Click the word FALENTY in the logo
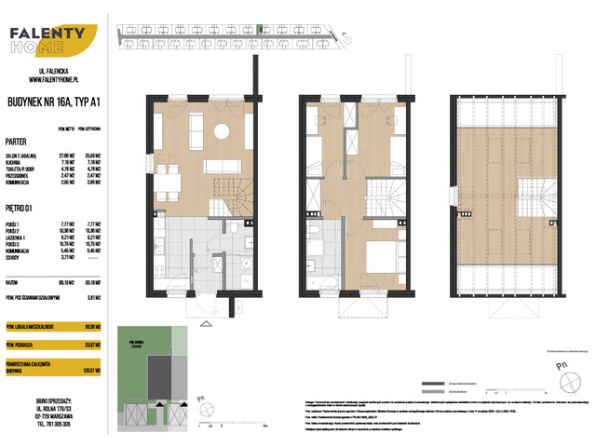47,35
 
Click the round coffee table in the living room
221,131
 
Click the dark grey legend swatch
430,385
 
